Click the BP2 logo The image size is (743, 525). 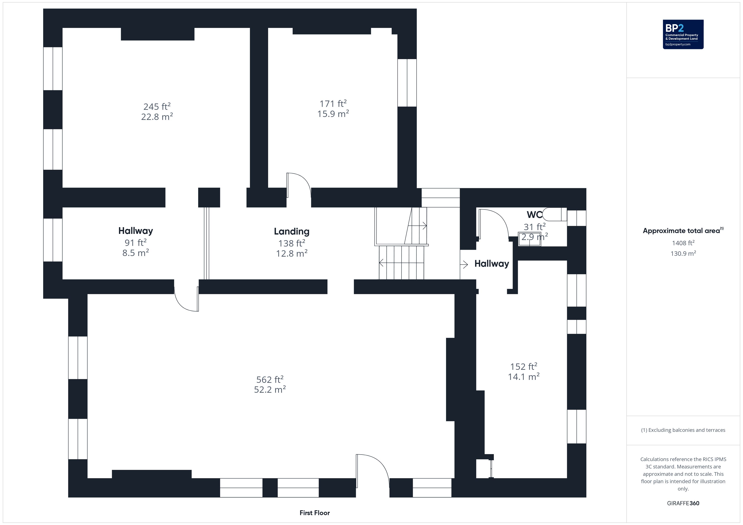(x=683, y=34)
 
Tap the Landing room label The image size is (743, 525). (x=291, y=231)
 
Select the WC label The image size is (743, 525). (x=534, y=215)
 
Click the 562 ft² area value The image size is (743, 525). (x=270, y=379)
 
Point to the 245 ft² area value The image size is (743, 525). (x=157, y=106)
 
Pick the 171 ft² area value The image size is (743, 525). (x=333, y=103)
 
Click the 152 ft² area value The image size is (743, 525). (x=524, y=366)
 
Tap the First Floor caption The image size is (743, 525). (x=315, y=513)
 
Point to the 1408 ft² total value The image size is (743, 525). (x=683, y=243)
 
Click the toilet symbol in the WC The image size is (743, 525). (x=554, y=214)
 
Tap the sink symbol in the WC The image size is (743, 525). (x=529, y=239)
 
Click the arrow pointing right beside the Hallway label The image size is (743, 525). (x=464, y=264)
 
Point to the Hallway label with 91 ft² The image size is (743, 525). (x=136, y=231)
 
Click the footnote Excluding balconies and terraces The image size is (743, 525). (x=683, y=430)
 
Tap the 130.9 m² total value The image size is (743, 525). (x=683, y=253)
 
